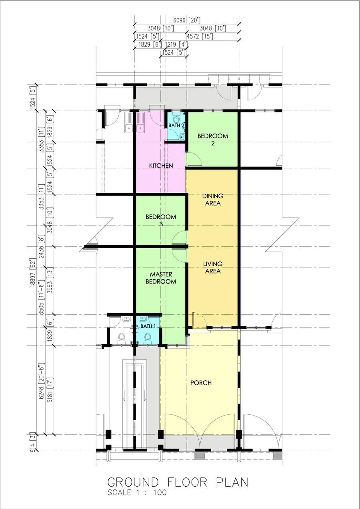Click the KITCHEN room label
coord(161,166)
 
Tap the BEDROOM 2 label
coord(213,140)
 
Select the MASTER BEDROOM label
coord(161,278)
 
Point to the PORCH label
coord(201,383)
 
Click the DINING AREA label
coord(213,200)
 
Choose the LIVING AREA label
coord(213,267)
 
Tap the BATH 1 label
coord(148,326)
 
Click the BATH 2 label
coord(176,125)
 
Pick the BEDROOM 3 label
coord(161,220)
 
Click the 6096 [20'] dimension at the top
coord(186,20)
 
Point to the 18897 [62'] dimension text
coord(34,272)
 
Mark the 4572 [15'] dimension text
coord(200,36)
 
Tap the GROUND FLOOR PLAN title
coord(178,482)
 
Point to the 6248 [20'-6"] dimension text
coord(41,381)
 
